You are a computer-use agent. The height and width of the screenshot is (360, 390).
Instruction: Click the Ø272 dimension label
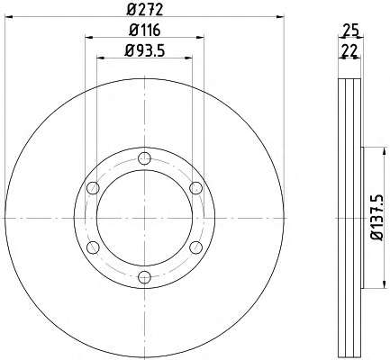[145, 9]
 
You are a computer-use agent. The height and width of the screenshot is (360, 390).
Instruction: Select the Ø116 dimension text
[145, 30]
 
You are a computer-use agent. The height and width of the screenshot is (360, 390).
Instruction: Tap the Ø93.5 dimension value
[145, 50]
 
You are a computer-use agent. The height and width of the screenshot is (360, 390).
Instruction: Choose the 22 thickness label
[349, 50]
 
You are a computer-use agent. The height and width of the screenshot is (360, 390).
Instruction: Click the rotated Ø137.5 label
[377, 218]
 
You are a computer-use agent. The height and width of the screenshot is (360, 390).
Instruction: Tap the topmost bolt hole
[145, 158]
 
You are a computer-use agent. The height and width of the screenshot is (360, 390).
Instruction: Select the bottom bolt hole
[145, 277]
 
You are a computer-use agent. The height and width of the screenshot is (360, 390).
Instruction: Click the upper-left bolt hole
[93, 188]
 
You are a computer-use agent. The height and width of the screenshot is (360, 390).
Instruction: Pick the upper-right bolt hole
[196, 188]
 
